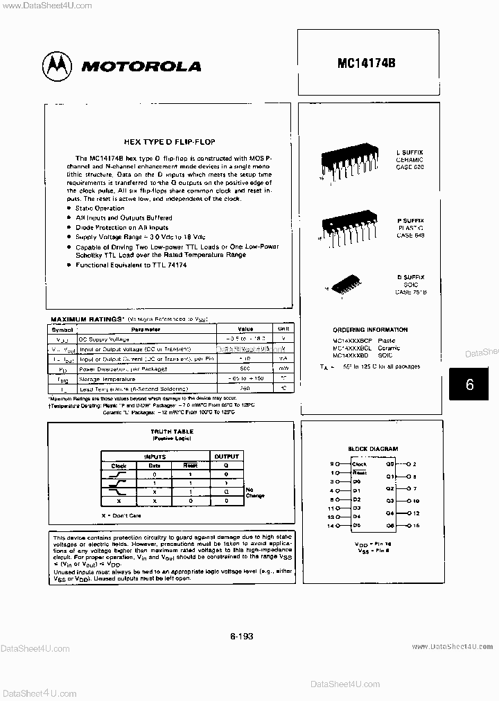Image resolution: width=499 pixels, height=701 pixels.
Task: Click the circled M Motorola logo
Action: pyautogui.click(x=58, y=66)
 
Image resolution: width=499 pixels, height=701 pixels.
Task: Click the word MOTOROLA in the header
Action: pyautogui.click(x=141, y=67)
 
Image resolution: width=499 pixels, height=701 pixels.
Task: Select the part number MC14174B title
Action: pyautogui.click(x=367, y=62)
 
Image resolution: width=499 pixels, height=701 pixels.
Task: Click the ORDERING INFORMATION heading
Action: pyautogui.click(x=370, y=330)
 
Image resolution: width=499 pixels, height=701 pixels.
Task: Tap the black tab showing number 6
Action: pyautogui.click(x=469, y=384)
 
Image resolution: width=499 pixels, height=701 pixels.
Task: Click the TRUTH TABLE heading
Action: pyautogui.click(x=173, y=432)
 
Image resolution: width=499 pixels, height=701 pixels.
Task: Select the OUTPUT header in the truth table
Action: pyautogui.click(x=226, y=456)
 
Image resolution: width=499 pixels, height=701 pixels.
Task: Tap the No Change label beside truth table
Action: pyautogui.click(x=254, y=493)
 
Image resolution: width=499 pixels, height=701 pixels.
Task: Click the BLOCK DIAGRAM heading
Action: pyautogui.click(x=373, y=450)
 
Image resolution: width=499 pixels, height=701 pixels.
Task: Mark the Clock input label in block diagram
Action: pyautogui.click(x=359, y=463)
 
